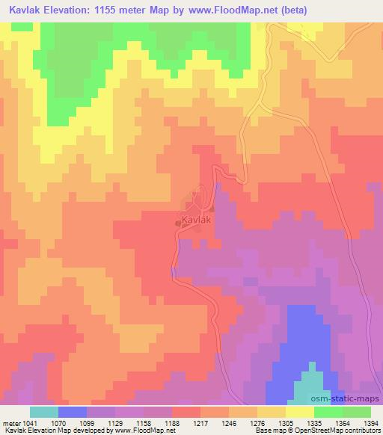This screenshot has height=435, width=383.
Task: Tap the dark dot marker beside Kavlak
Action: coord(177,222)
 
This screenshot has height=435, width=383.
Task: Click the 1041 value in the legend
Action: coord(29,423)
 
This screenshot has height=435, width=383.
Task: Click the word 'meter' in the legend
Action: coord(10,423)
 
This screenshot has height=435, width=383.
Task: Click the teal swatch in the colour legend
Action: coord(43,412)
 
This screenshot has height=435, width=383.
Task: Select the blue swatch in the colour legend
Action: coord(72,412)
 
